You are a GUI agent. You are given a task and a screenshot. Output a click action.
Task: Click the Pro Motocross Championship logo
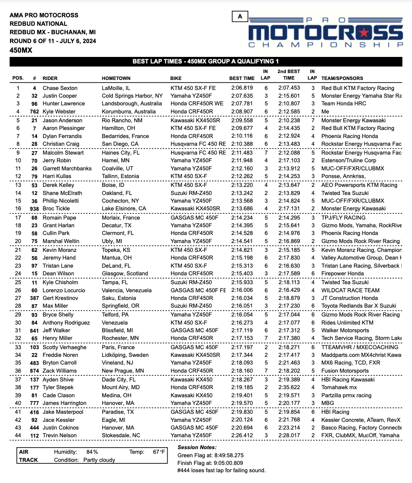[326, 33]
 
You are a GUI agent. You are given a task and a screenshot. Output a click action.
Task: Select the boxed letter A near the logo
[240, 16]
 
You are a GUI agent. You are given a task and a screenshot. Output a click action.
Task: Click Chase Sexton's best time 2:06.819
[242, 88]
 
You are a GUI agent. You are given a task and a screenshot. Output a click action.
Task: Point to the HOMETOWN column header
[116, 78]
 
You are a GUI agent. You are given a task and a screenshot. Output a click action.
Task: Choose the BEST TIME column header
[242, 78]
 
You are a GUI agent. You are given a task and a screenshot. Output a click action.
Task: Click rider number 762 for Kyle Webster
[35, 112]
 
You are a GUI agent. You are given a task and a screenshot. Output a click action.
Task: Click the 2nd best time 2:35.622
[289, 387]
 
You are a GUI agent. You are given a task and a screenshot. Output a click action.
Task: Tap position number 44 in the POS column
[18, 435]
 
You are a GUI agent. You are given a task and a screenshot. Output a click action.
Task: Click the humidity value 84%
[92, 452]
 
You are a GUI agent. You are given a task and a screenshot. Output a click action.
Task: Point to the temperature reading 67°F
[159, 452]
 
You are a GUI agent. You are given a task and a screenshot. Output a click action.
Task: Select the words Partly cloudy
[99, 460]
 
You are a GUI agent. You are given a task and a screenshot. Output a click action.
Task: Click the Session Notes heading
[197, 447]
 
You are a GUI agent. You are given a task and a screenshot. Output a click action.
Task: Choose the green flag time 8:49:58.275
[227, 455]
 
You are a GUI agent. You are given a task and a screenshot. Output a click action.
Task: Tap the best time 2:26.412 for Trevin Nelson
[242, 435]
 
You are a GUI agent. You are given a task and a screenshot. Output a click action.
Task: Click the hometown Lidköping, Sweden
[125, 355]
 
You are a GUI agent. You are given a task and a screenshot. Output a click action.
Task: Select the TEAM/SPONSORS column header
[342, 78]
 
